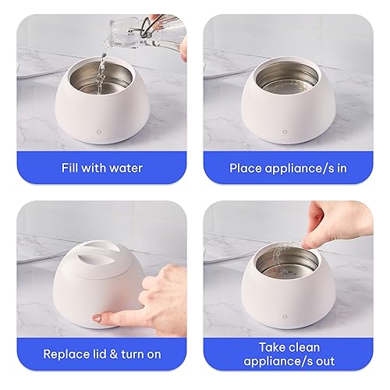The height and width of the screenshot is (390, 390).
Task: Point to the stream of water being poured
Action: [100, 66]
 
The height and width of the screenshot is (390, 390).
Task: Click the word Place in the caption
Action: [246, 168]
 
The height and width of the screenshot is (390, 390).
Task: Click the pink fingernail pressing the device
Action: [97, 318]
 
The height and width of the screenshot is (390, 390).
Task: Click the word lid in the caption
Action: [101, 354]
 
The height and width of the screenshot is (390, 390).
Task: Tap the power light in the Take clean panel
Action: [295, 317]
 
